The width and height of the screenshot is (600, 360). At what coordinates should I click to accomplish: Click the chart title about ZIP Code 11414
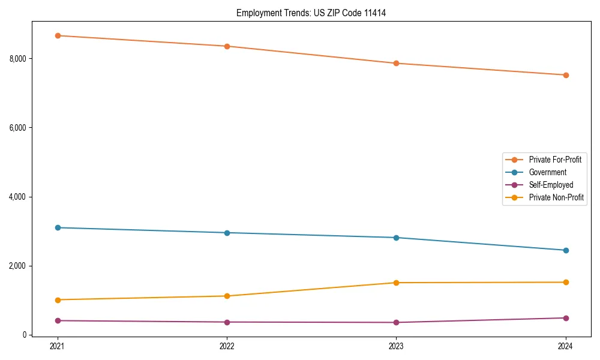311,13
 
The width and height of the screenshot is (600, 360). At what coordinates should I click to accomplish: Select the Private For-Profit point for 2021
57,35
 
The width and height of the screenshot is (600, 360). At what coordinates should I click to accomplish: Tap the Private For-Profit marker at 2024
566,75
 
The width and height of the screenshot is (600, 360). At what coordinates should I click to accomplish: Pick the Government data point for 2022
227,233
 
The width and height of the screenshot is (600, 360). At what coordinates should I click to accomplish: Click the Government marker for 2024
566,250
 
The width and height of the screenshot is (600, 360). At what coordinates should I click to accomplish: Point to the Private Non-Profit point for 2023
396,283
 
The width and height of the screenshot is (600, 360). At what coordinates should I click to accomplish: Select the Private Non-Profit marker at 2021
57,300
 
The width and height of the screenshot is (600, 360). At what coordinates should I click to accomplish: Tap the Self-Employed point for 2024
566,318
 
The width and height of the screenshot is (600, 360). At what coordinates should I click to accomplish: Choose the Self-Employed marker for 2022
227,322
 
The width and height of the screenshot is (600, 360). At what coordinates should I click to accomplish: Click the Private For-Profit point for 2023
396,63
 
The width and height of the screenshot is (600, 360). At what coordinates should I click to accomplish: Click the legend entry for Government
547,172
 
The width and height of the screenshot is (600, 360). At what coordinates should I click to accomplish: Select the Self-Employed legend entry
551,185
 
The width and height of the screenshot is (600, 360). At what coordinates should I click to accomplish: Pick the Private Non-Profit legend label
556,197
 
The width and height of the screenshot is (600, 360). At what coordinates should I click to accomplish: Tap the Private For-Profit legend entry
555,160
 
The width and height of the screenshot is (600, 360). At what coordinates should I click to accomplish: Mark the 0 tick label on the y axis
24,335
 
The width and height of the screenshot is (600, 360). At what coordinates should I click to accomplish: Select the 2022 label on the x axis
227,346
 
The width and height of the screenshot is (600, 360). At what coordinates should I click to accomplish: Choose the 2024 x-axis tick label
566,346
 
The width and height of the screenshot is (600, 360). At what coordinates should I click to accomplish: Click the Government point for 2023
396,238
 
